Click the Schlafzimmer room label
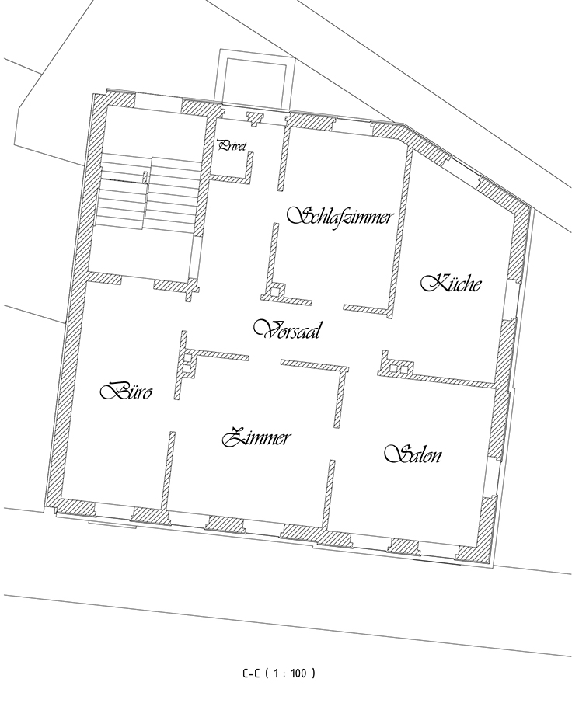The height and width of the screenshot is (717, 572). (340, 216)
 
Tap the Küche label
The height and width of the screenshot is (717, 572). (452, 283)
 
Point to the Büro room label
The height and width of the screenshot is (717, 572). (126, 391)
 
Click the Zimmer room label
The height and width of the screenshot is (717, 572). (256, 437)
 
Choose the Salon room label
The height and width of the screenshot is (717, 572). (413, 454)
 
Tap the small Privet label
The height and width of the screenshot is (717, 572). (232, 146)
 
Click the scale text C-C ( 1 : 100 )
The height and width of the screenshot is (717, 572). (279, 673)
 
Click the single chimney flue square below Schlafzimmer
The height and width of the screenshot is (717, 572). (275, 291)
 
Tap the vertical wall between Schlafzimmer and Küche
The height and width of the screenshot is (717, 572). (400, 232)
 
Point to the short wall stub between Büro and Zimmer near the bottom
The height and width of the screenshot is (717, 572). (169, 470)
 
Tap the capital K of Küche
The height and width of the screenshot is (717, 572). (431, 283)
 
